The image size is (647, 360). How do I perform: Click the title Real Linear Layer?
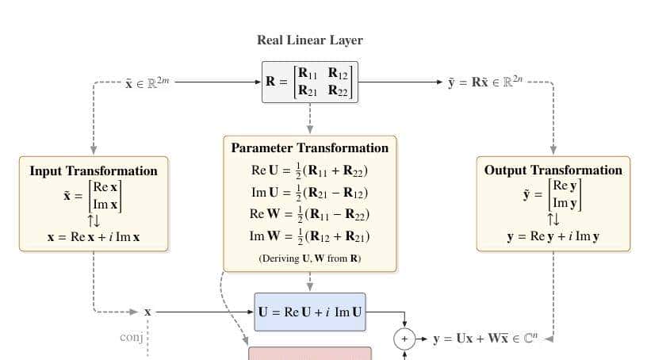coord(309,40)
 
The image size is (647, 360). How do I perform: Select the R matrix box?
coord(310,82)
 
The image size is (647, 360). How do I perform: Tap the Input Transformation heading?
coord(94,170)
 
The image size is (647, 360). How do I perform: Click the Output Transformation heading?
coord(553,170)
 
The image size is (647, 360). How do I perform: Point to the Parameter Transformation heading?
coord(310,147)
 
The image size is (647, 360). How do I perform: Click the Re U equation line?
coord(310,170)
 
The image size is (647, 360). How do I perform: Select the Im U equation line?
coord(310,193)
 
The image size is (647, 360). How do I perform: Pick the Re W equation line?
coord(310,214)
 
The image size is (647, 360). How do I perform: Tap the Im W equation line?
coord(310,236)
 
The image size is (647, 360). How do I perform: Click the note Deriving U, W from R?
coord(310,259)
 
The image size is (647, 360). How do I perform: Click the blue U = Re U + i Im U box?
coord(310,312)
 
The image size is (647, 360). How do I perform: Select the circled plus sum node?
coord(404,339)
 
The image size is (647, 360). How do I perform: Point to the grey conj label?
coord(131,337)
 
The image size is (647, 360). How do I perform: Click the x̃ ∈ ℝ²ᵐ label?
coord(147,82)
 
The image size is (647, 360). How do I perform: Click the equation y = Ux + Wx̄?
coord(485,339)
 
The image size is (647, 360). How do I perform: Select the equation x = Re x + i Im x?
coord(94,236)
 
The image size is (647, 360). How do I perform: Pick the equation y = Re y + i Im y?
coord(553,236)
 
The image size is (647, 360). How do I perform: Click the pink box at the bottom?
coord(310,353)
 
